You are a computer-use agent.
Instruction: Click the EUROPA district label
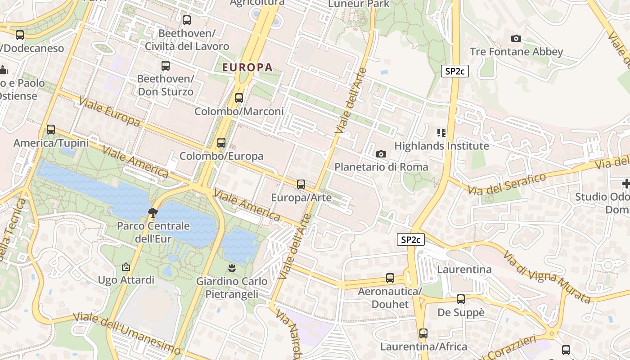point(247,67)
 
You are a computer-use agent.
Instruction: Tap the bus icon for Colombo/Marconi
point(239,98)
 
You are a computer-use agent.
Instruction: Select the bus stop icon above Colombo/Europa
point(221,143)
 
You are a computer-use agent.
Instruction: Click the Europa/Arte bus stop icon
point(301,184)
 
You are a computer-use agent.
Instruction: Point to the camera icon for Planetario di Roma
point(381,154)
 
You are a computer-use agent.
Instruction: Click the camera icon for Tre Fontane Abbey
point(516,38)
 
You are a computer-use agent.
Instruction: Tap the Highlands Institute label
point(441,146)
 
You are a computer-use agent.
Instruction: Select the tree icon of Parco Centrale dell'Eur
point(153,212)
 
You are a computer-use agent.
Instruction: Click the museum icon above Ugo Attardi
point(126,267)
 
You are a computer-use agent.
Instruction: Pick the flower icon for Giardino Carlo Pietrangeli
point(232,268)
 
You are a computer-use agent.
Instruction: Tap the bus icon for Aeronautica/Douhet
point(390,278)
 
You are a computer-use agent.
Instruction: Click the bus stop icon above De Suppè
point(461,299)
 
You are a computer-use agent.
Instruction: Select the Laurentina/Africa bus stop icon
point(423,333)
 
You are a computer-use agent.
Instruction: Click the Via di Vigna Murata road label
point(546,276)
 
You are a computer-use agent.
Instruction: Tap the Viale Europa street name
point(109,111)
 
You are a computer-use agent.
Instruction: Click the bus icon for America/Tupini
point(51,130)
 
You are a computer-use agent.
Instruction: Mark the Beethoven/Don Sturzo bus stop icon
point(166,66)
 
